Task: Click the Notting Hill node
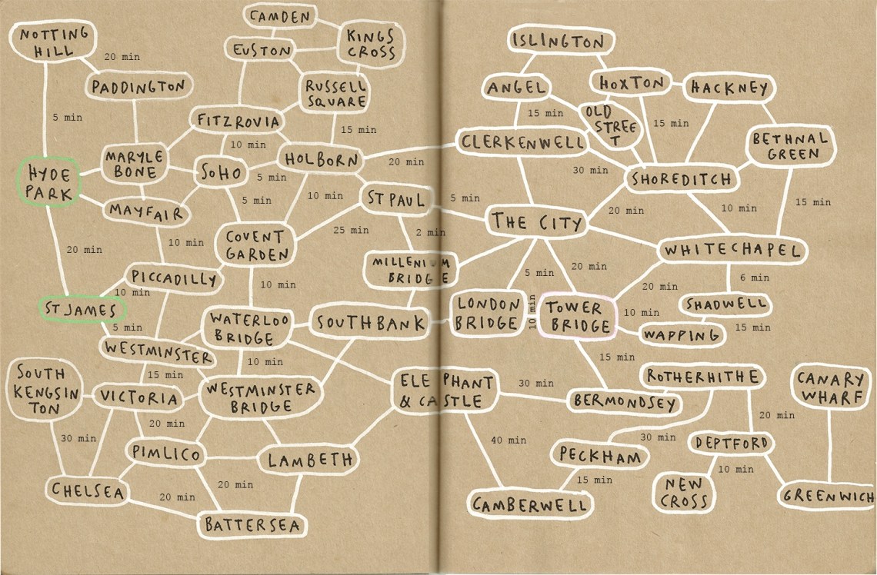click(x=55, y=43)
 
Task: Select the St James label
click(x=81, y=309)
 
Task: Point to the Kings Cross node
click(x=370, y=45)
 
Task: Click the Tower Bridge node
click(x=579, y=317)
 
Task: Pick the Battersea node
click(x=252, y=525)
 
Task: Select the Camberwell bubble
click(x=531, y=504)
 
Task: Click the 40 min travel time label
click(x=509, y=440)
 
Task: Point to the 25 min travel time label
click(x=350, y=230)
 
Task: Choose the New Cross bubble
click(x=683, y=493)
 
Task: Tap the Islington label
click(x=562, y=42)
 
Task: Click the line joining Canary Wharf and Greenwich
click(x=829, y=446)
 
